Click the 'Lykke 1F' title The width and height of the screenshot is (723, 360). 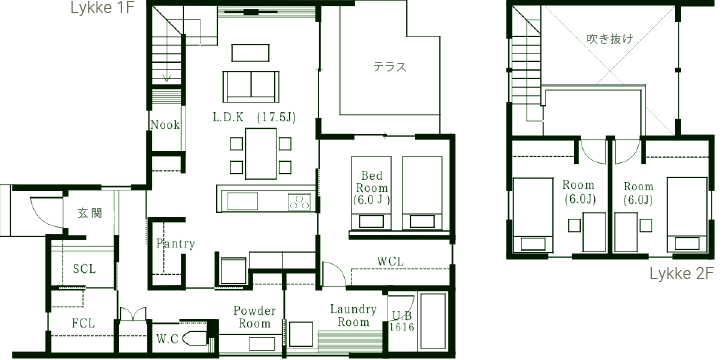[102, 8]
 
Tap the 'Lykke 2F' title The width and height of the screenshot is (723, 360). [682, 274]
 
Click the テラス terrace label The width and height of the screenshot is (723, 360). [390, 67]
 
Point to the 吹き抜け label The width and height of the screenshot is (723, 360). [610, 39]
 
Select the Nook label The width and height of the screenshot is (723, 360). [165, 125]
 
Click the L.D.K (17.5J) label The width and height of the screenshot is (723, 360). [254, 117]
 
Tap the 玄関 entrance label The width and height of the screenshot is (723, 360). [89, 213]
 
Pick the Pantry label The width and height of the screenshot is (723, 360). [175, 243]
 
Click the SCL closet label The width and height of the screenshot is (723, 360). [84, 269]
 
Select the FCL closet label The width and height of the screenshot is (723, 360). [83, 324]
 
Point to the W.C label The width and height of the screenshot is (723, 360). [167, 339]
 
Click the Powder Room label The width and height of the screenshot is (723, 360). [254, 317]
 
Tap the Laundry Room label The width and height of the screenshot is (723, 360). [353, 315]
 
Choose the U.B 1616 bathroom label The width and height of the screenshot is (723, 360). [403, 321]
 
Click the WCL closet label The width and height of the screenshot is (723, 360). [391, 261]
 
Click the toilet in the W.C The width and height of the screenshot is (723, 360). [194, 339]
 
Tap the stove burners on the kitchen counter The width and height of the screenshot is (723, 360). [299, 202]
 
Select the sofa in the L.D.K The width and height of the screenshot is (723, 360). [251, 87]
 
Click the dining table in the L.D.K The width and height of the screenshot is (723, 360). [261, 153]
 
